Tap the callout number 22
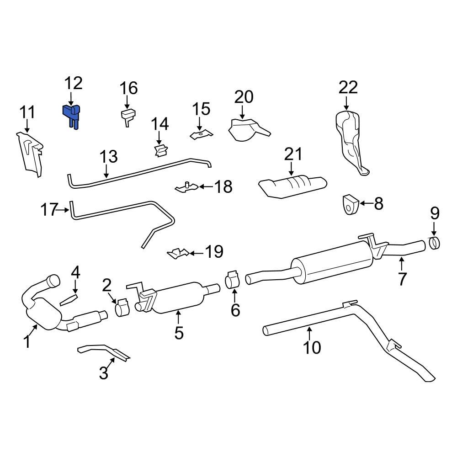[348, 87]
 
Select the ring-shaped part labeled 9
[435, 243]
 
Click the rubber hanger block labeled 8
[350, 204]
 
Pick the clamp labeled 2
[122, 308]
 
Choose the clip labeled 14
[160, 150]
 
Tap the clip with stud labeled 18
[187, 187]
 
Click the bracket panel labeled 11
[30, 153]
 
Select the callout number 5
[179, 333]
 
